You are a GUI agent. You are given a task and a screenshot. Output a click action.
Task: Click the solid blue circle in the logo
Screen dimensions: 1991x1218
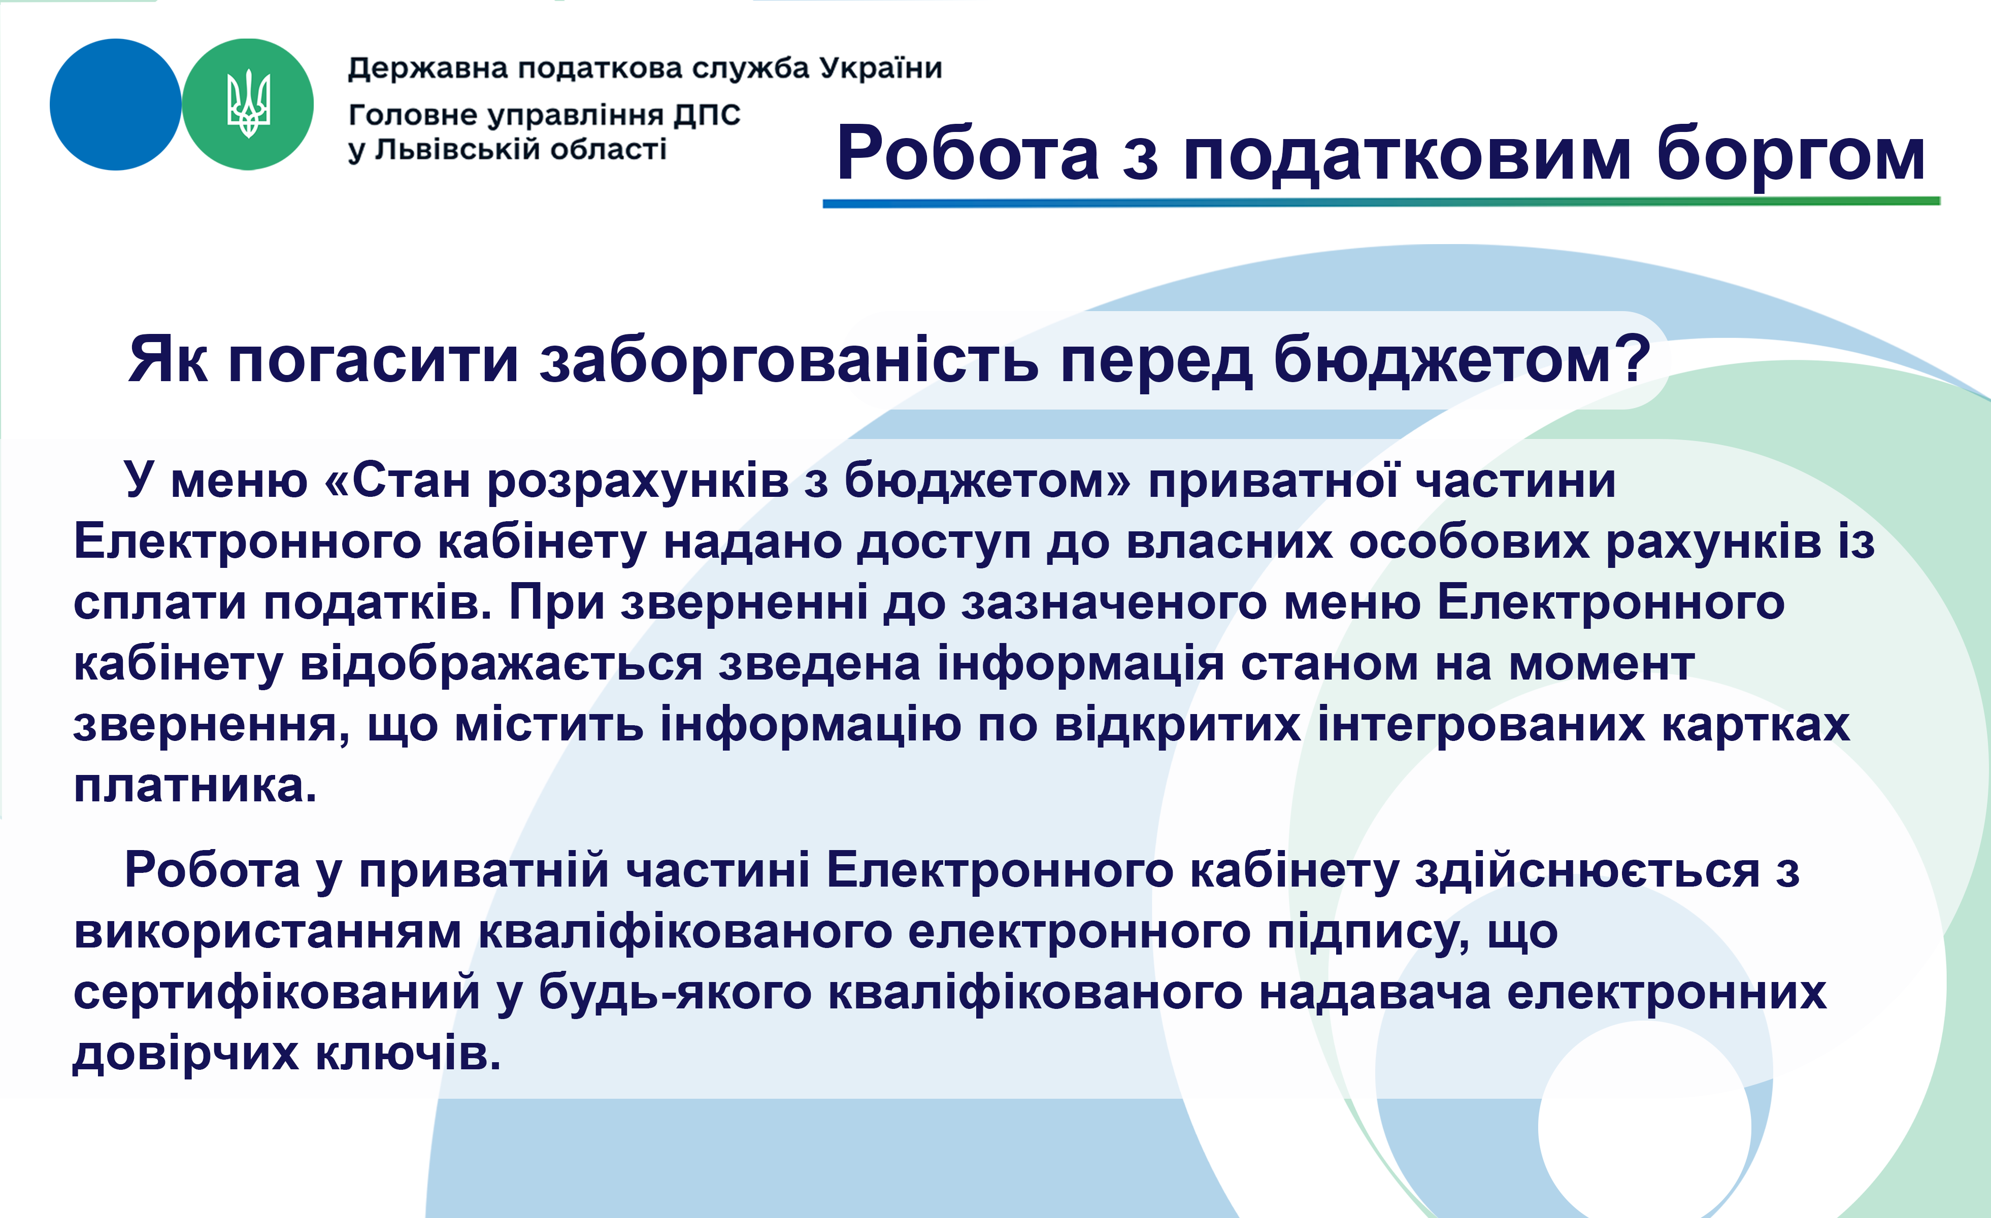pyautogui.click(x=116, y=104)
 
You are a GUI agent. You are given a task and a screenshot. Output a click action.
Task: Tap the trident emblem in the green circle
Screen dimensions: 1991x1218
pyautogui.click(x=249, y=104)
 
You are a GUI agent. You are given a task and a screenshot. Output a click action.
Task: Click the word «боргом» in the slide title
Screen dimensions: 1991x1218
pyautogui.click(x=1790, y=156)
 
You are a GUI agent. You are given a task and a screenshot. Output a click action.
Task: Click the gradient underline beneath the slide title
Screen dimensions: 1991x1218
pyautogui.click(x=1381, y=202)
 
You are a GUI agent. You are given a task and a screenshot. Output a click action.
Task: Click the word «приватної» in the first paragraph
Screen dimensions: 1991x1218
pyautogui.click(x=1274, y=482)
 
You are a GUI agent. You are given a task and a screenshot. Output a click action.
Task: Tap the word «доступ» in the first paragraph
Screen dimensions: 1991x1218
pyautogui.click(x=944, y=543)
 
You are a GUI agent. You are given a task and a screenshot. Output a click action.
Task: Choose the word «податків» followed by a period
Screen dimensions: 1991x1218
pyautogui.click(x=377, y=604)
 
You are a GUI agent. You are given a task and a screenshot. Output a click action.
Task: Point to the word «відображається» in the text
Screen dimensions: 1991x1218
pyautogui.click(x=501, y=665)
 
